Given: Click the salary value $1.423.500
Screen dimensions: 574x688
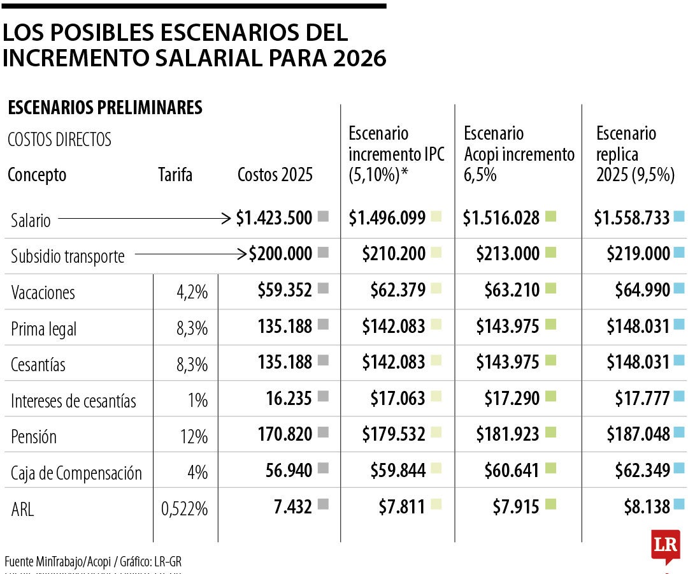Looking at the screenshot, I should tap(274, 218).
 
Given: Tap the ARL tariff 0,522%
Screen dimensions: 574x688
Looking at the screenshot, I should tap(185, 508).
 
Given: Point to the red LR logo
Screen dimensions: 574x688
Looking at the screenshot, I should tap(665, 546).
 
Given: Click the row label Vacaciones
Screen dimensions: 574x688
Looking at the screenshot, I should tap(43, 293).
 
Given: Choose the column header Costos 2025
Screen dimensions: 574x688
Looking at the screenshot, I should tap(275, 175).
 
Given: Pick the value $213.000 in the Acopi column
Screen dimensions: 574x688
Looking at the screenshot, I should tap(508, 254).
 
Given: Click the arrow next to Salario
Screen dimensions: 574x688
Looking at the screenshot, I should tap(144, 219).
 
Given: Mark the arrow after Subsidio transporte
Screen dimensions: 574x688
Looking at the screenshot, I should tap(190, 254).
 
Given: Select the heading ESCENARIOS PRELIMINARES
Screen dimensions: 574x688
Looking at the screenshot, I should tap(105, 108).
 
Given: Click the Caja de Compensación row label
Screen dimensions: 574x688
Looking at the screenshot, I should tap(76, 473).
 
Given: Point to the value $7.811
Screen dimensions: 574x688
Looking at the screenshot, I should tap(398, 507).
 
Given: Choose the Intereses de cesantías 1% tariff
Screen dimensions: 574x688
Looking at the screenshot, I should tap(198, 401).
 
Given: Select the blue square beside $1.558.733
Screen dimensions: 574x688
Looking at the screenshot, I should tap(678, 217).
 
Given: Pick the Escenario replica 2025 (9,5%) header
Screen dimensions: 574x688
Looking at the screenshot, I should tap(634, 154).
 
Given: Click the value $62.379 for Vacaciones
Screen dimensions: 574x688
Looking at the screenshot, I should tap(398, 291).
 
